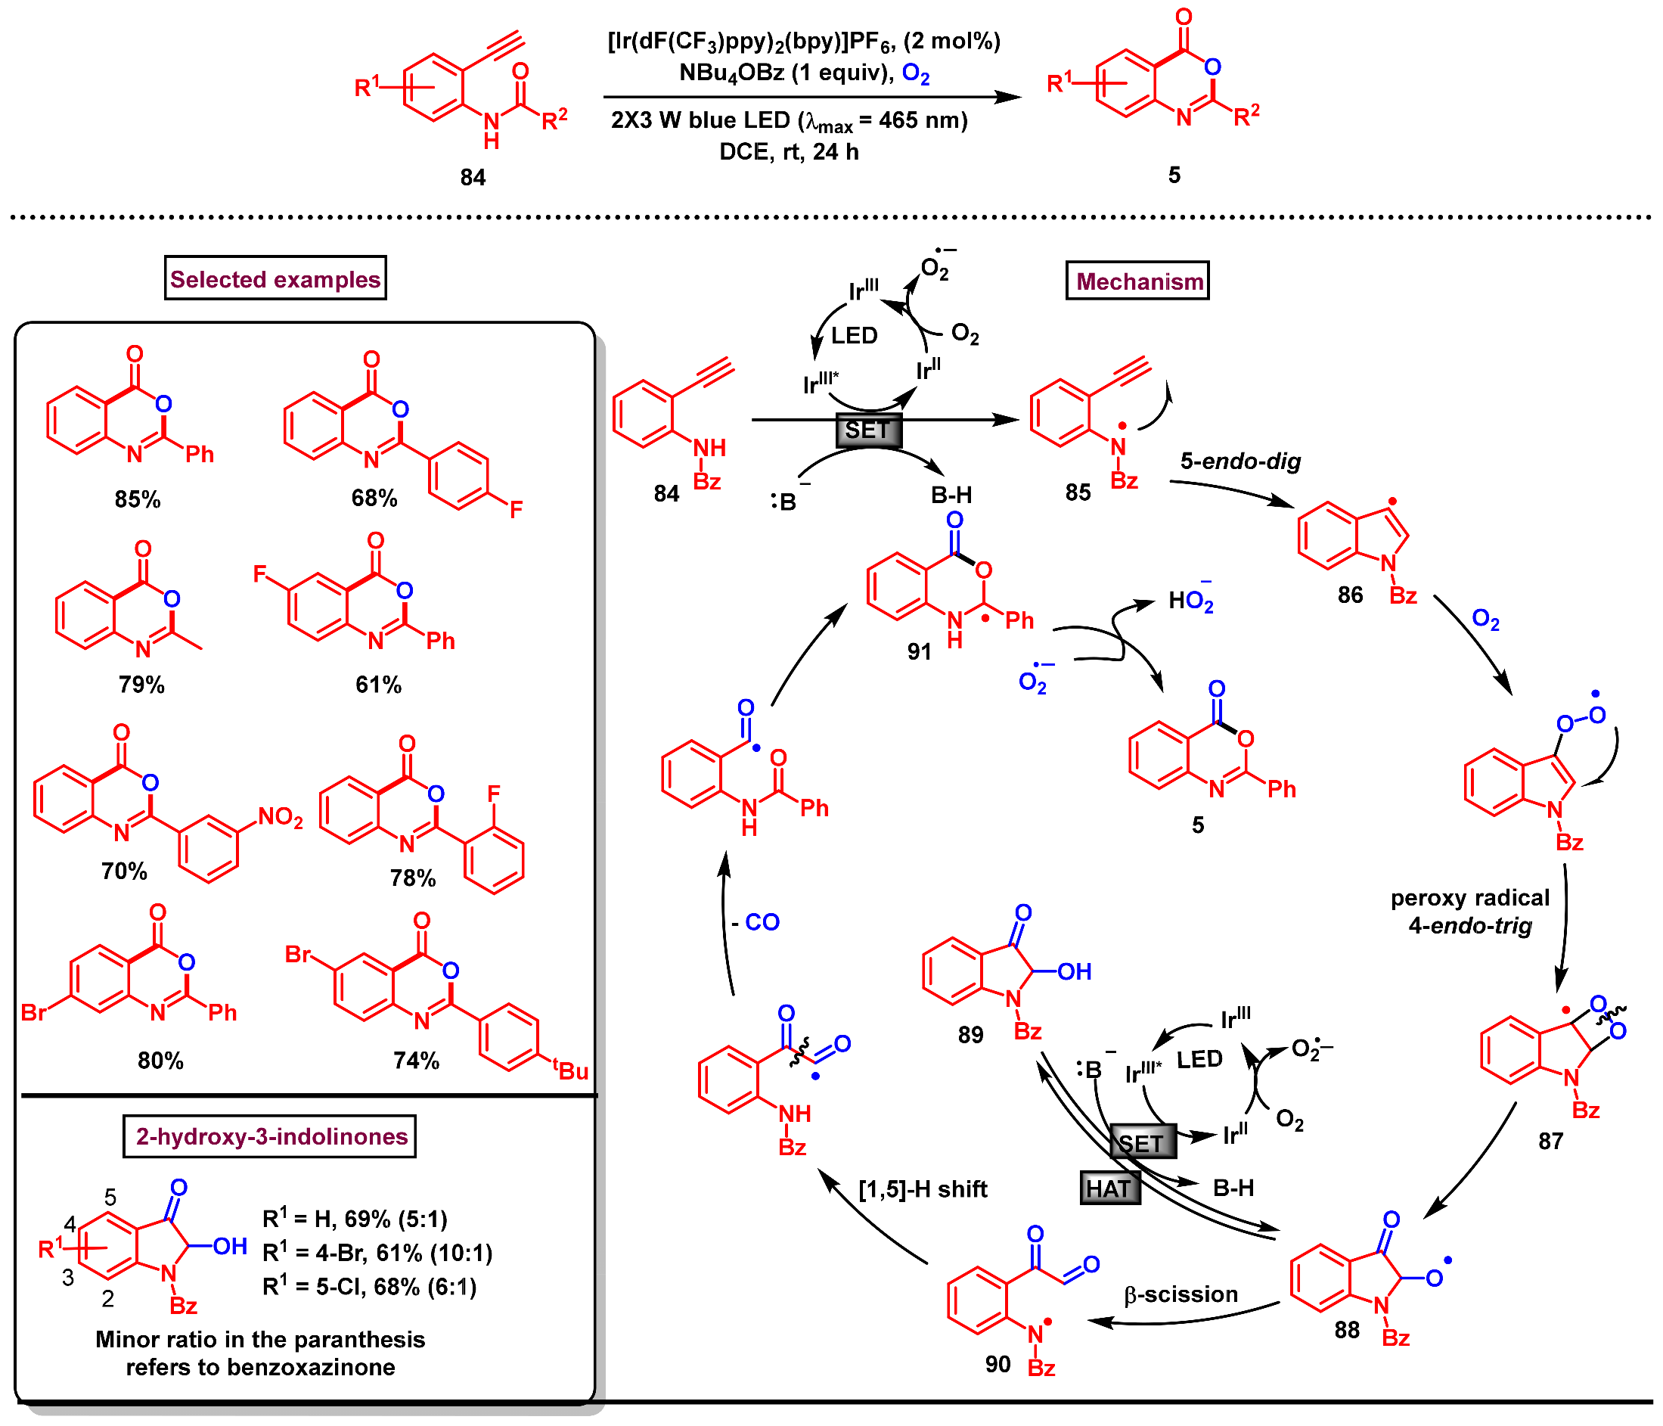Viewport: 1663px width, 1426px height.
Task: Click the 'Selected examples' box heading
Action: pos(275,278)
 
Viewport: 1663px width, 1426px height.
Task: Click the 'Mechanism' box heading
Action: pos(1137,281)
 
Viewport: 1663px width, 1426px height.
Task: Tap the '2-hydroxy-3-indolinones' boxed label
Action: pos(270,1136)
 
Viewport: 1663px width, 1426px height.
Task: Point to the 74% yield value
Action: pos(416,1061)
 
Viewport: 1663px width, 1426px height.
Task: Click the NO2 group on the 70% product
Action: pos(280,817)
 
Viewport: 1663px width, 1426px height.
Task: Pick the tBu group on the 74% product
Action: pos(571,1070)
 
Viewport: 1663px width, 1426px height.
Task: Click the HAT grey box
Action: pos(1109,1188)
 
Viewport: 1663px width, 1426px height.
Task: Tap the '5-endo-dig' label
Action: pos(1240,461)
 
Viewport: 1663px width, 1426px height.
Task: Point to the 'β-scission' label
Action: pos(1181,1294)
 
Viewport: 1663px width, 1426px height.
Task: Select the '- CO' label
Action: pos(755,921)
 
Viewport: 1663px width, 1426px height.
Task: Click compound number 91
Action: pos(920,651)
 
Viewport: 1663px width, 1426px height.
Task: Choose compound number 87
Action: pos(1550,1141)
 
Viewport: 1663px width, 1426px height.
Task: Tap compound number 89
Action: pos(970,1035)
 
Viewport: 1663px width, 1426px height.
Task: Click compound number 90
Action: pos(997,1364)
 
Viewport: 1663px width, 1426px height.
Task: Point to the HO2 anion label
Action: pos(1190,601)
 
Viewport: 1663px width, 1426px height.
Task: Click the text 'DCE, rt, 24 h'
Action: pos(788,152)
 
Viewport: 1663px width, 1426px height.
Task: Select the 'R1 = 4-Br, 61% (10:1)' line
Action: pos(377,1253)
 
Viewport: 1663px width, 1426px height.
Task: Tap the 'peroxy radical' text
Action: pos(1469,898)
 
